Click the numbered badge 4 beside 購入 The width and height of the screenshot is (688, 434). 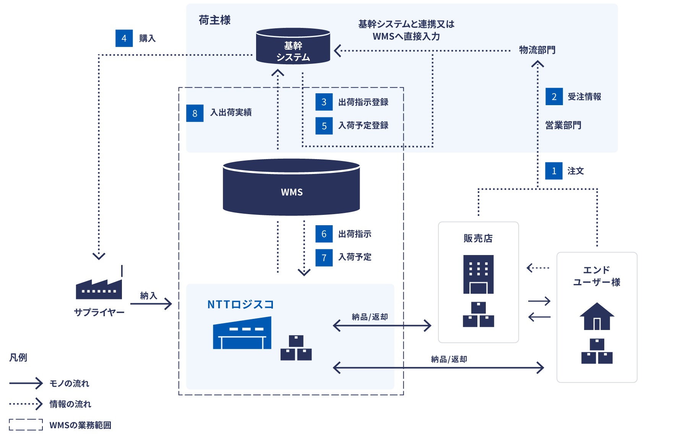coord(124,38)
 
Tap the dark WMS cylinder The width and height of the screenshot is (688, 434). coord(291,187)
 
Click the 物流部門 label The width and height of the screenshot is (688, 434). coord(537,50)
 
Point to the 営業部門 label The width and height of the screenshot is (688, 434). coord(563,125)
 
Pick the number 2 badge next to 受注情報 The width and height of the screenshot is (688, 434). coord(554,97)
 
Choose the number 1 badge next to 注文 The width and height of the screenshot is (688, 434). coord(553,171)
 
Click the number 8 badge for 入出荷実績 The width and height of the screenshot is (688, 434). coord(195,113)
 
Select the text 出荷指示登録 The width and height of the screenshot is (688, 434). coord(363,102)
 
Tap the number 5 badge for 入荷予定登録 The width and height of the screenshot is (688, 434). coord(324,126)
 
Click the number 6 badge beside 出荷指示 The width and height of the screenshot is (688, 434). coord(324,234)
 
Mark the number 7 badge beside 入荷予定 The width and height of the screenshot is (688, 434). coord(324,257)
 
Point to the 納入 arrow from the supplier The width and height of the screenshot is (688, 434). coord(151,304)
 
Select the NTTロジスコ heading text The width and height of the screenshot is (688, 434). coord(240,304)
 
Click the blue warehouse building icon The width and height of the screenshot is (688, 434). coord(242,333)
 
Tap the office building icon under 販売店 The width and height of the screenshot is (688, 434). coord(478,274)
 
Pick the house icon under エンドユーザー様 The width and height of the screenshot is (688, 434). coord(597,316)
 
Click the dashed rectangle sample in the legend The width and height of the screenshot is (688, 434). coord(26,424)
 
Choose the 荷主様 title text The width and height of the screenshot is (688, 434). coord(214,20)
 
